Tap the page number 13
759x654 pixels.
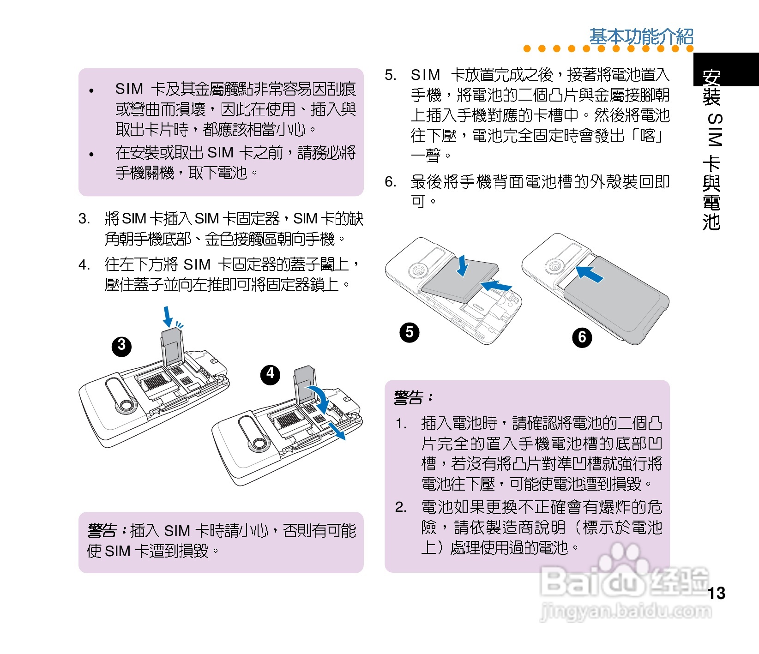717,593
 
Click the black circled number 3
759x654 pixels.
121,346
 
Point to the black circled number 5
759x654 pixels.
410,333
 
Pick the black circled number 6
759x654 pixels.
582,337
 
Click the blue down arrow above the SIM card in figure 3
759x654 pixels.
168,317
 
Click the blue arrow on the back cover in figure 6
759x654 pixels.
590,273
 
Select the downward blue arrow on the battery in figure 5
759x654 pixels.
462,266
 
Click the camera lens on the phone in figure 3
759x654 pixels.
125,405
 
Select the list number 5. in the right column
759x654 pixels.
391,75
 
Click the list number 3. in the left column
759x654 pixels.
84,218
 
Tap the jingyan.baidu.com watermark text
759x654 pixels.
626,612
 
